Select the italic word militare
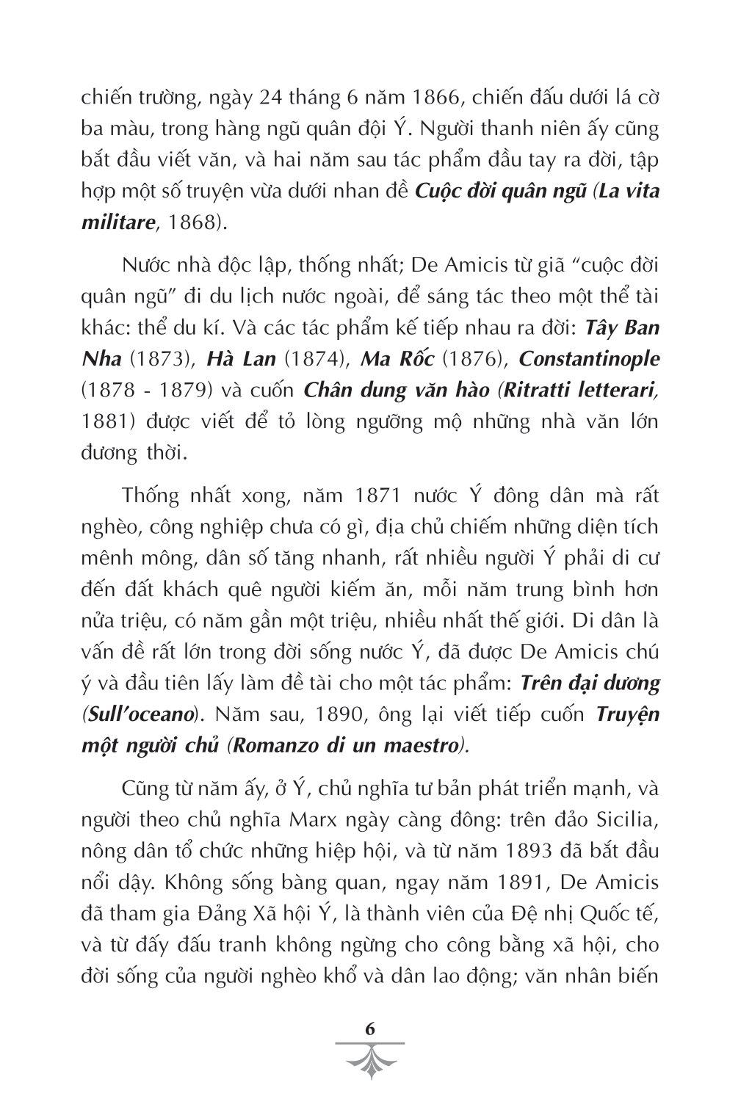pos(117,223)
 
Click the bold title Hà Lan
pos(241,358)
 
